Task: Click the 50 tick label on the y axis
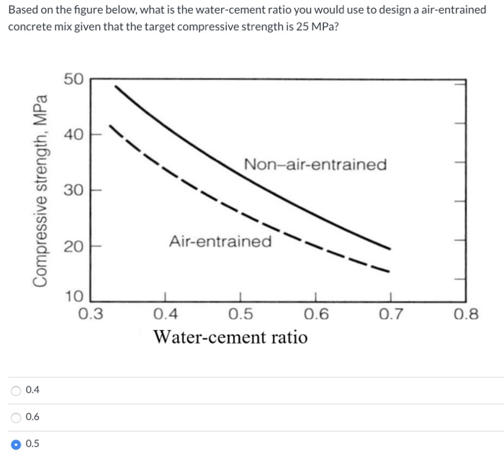coord(73,78)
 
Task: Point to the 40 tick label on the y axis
coord(73,134)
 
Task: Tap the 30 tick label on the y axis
coord(73,190)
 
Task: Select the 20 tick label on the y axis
coord(73,247)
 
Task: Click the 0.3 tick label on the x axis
coord(90,314)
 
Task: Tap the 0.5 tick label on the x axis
coord(240,314)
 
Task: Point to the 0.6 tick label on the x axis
coord(316,314)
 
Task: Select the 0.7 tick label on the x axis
coord(392,314)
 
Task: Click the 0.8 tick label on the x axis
coord(467,314)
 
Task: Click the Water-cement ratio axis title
coord(230,337)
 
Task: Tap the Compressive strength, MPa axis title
coord(41,191)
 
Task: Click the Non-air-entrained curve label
coord(315,165)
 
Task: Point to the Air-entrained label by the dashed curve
coord(220,241)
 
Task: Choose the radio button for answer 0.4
coord(16,391)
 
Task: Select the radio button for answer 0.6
coord(16,417)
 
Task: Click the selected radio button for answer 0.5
coord(16,443)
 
